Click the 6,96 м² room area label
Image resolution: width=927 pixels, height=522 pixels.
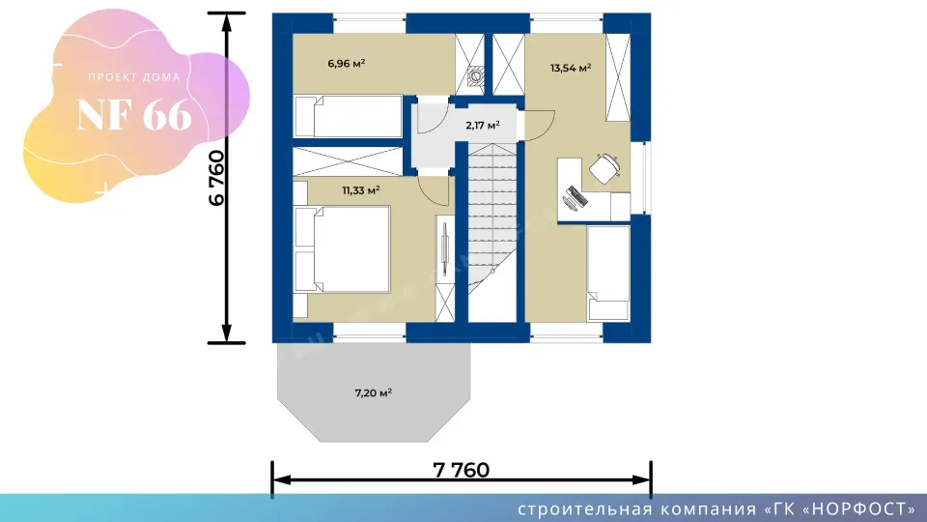coord(347,63)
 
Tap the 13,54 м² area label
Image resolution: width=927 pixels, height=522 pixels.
coord(571,68)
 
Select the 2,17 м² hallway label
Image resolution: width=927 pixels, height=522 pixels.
coord(483,125)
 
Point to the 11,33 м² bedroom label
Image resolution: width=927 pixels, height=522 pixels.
coord(360,190)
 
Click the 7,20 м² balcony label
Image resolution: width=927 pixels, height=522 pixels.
coord(373,392)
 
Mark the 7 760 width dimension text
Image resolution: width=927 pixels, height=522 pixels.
coord(462,470)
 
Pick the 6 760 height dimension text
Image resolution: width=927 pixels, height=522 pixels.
coord(217,178)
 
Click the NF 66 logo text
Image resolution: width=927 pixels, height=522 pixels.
coord(134,114)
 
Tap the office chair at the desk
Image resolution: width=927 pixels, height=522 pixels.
coord(604,168)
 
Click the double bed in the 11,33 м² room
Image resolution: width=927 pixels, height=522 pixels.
coord(342,249)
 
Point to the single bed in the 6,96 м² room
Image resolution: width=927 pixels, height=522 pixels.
coord(349,117)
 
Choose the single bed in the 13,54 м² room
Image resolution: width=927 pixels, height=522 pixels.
coord(608,274)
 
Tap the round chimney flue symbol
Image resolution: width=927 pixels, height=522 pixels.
coord(476,76)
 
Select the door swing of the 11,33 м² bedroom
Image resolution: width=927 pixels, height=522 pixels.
coord(434,190)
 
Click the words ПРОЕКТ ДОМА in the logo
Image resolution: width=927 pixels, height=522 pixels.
coord(134,77)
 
